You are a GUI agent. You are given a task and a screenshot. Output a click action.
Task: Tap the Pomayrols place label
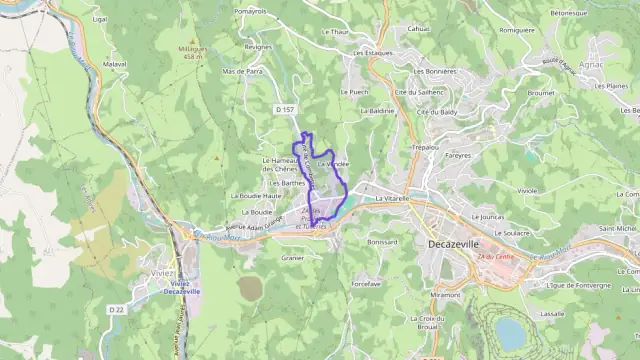(250, 10)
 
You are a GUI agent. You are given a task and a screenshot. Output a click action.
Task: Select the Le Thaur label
(335, 31)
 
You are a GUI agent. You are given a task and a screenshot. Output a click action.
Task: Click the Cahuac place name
(419, 28)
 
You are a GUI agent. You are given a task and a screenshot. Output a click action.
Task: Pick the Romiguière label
(517, 30)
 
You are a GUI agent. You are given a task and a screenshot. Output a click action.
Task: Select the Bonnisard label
(383, 241)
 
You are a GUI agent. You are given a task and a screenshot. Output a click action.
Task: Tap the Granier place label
(292, 257)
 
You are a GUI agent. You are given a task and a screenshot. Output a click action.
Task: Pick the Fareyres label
(458, 156)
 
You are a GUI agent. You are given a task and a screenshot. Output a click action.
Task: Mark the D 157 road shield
(284, 108)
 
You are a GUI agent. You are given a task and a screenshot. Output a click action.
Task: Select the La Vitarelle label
(394, 199)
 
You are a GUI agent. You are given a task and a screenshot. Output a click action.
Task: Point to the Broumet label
(541, 92)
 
